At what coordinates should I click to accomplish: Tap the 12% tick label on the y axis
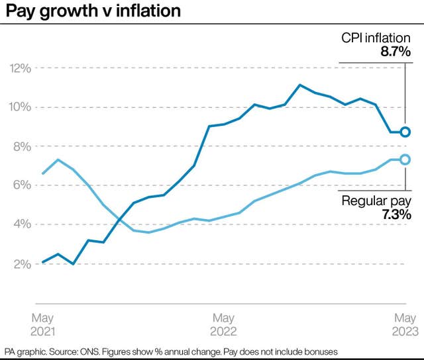[21, 68]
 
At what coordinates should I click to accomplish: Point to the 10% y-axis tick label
[21, 107]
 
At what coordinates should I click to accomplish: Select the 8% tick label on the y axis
[23, 146]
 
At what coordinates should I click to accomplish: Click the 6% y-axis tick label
[23, 185]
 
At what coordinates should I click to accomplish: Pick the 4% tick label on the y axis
[23, 224]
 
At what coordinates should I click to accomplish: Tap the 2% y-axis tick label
[23, 264]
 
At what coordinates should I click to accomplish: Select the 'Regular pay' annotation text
[376, 202]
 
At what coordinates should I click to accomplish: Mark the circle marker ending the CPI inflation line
[405, 132]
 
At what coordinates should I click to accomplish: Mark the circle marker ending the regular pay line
[405, 159]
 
